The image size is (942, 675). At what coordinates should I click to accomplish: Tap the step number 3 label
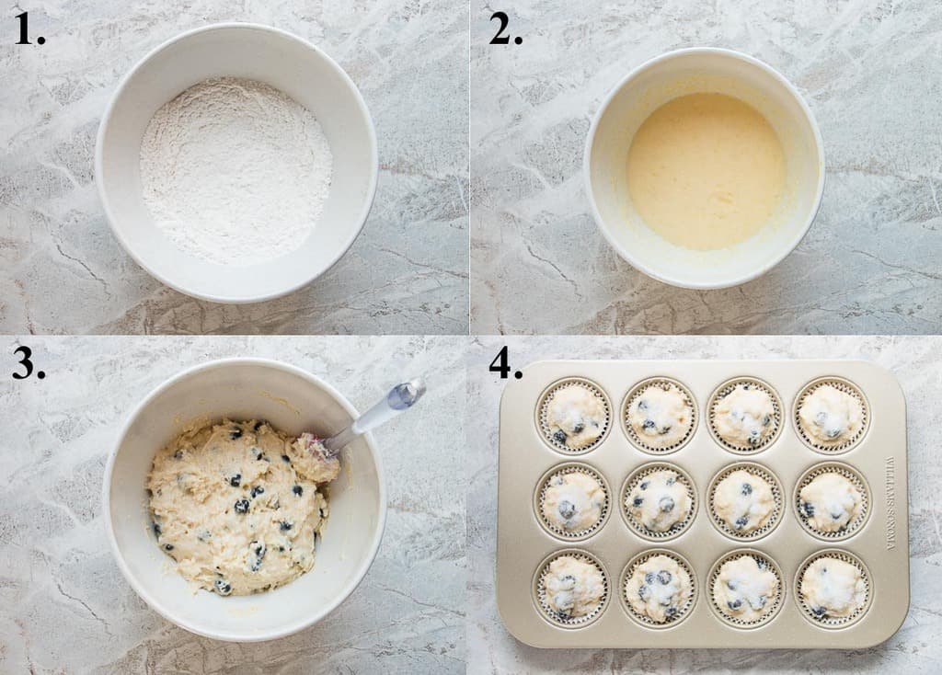[29, 364]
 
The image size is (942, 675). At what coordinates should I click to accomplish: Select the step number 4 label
[505, 364]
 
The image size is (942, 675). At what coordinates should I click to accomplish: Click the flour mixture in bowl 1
[235, 169]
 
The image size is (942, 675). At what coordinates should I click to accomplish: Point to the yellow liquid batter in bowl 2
[706, 171]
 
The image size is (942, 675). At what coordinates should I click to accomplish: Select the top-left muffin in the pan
[574, 416]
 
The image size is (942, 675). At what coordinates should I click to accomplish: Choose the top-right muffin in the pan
[831, 415]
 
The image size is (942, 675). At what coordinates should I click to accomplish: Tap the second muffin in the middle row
[659, 501]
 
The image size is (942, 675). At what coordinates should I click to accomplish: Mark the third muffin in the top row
[744, 415]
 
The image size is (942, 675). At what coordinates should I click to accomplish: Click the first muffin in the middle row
[572, 501]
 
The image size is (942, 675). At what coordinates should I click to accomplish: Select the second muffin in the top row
[659, 415]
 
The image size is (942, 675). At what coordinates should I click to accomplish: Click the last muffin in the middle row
[832, 501]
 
